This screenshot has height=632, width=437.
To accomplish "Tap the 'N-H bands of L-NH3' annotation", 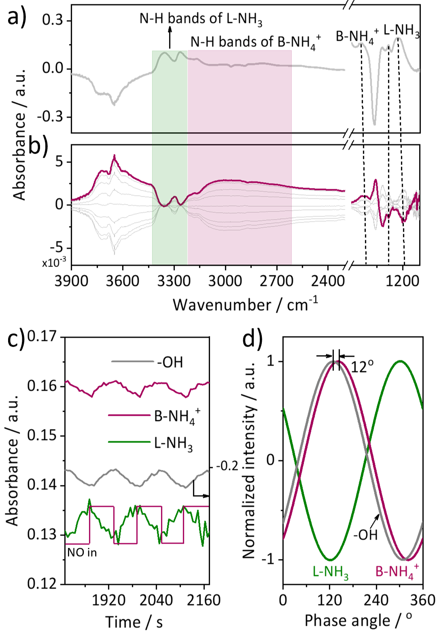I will pos(201,19).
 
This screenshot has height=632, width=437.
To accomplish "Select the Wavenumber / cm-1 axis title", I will pos(245,304).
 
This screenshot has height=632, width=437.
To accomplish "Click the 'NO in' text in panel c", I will pos(82,552).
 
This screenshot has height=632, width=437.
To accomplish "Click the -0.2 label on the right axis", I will pos(227,466).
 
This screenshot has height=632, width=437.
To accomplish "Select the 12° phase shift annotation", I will pos(362,367).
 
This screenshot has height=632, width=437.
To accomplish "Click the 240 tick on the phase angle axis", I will pos(376,600).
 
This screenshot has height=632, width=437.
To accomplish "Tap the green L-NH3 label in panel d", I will pos(331,572).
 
